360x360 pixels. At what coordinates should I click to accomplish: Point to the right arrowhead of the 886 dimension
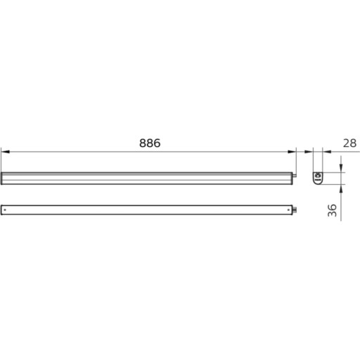290,150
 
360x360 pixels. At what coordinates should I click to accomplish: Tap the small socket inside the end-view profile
317,175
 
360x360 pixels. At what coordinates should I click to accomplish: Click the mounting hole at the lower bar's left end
6,209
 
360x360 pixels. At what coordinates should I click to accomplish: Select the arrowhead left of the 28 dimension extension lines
309,150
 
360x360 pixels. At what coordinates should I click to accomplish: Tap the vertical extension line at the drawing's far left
1,158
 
